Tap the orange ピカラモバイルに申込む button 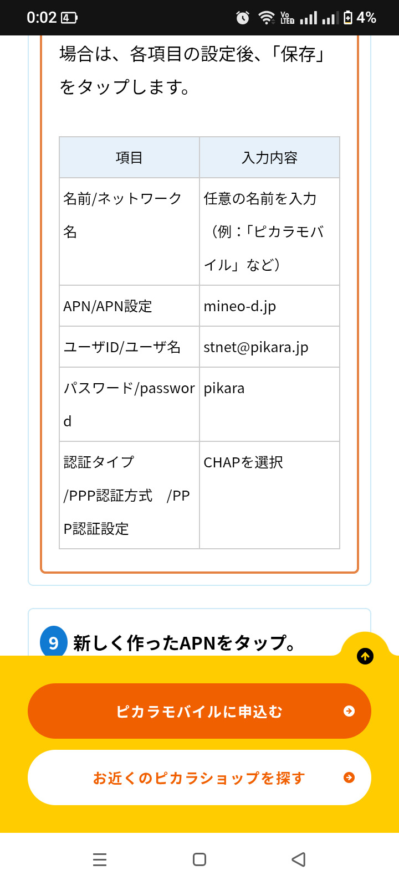(x=199, y=711)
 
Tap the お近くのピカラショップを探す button (x=199, y=777)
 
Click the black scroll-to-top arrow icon (x=365, y=656)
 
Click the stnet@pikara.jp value (x=256, y=347)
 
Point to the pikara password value (x=224, y=388)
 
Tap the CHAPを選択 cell (x=243, y=462)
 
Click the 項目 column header (x=129, y=158)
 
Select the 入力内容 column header (x=269, y=158)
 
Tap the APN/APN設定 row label (x=108, y=306)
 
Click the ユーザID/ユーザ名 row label (x=122, y=347)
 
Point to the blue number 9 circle (x=54, y=642)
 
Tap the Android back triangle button (x=299, y=859)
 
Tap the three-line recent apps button (x=100, y=859)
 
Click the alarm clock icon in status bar (x=243, y=18)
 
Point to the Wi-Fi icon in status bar (x=267, y=18)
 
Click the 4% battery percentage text (x=366, y=18)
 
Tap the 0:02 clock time (x=42, y=18)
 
